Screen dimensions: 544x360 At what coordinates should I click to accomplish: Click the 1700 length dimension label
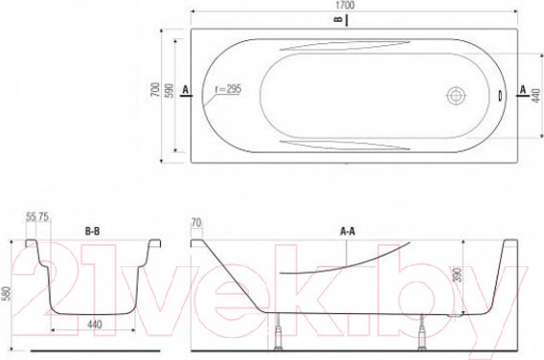pos(345,5)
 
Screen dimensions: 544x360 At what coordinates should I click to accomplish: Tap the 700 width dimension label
pos(156,89)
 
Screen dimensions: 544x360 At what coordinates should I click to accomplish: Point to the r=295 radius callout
pos(228,89)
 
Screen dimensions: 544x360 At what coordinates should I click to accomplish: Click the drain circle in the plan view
pos(456,96)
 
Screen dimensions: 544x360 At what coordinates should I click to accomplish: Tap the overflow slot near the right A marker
pos(500,96)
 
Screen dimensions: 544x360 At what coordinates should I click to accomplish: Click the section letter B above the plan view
pos(339,19)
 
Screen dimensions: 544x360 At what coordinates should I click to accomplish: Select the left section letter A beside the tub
pos(186,90)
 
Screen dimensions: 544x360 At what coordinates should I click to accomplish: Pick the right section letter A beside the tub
pos(523,89)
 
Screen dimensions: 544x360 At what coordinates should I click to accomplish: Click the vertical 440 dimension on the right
pos(536,96)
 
